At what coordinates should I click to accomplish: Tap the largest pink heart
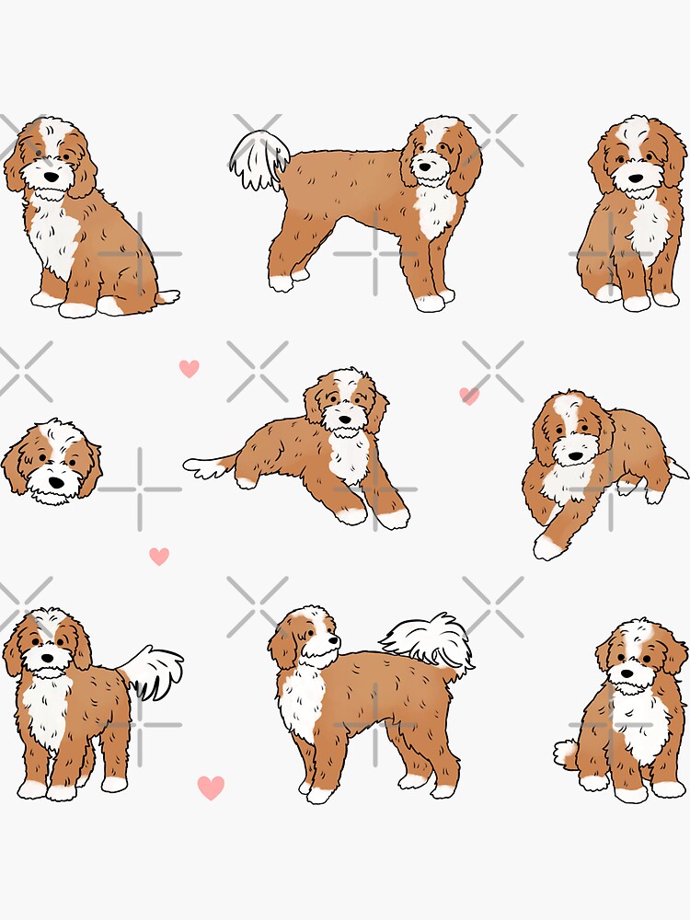(x=211, y=788)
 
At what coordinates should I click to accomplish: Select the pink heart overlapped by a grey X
(x=469, y=396)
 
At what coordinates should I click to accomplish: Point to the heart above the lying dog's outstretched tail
(x=189, y=368)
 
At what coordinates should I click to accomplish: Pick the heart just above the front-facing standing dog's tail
(x=159, y=556)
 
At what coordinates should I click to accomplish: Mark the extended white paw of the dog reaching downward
(x=546, y=548)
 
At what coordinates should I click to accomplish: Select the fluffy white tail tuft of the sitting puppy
(x=565, y=753)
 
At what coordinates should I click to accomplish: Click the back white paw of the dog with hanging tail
(x=281, y=282)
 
